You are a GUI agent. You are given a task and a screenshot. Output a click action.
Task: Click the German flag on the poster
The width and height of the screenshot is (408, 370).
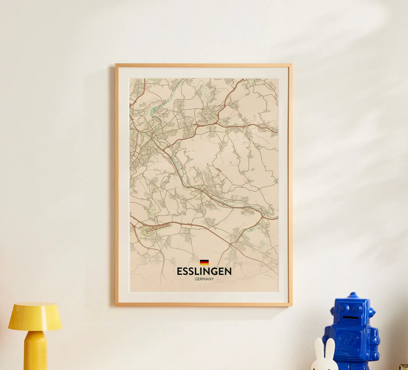[x=204, y=262]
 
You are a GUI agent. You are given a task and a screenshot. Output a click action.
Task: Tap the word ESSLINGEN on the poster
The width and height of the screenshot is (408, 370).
[x=204, y=271]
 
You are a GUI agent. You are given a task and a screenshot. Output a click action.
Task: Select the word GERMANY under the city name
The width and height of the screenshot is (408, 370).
[x=204, y=279]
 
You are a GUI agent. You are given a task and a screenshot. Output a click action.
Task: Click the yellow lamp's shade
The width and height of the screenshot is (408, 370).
[x=35, y=316]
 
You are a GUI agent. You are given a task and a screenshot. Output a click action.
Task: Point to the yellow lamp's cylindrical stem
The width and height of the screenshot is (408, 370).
[x=35, y=350]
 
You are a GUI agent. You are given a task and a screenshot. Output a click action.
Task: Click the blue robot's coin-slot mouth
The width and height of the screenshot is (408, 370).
[x=349, y=317]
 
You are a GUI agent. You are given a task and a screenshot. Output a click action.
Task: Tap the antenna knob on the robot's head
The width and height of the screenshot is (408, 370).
[x=353, y=294]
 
